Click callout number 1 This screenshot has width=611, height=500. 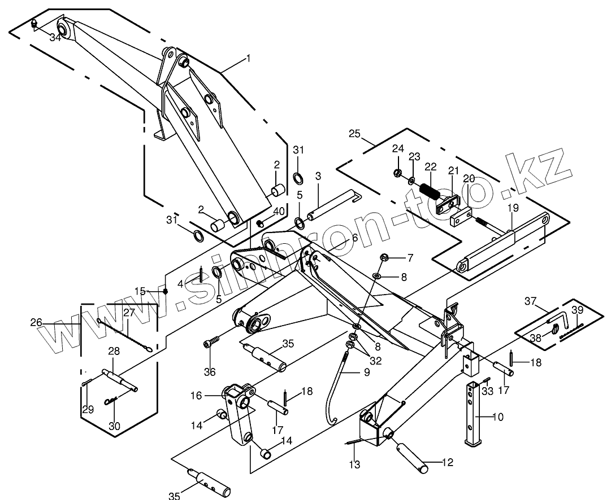[x=247, y=59]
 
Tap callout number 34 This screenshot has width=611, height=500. [x=55, y=38]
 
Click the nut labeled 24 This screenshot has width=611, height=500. [x=397, y=173]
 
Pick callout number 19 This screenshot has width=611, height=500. [x=512, y=208]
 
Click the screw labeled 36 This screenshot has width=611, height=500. [x=211, y=343]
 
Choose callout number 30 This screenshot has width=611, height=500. [x=114, y=426]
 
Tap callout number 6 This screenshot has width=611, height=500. [x=354, y=238]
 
